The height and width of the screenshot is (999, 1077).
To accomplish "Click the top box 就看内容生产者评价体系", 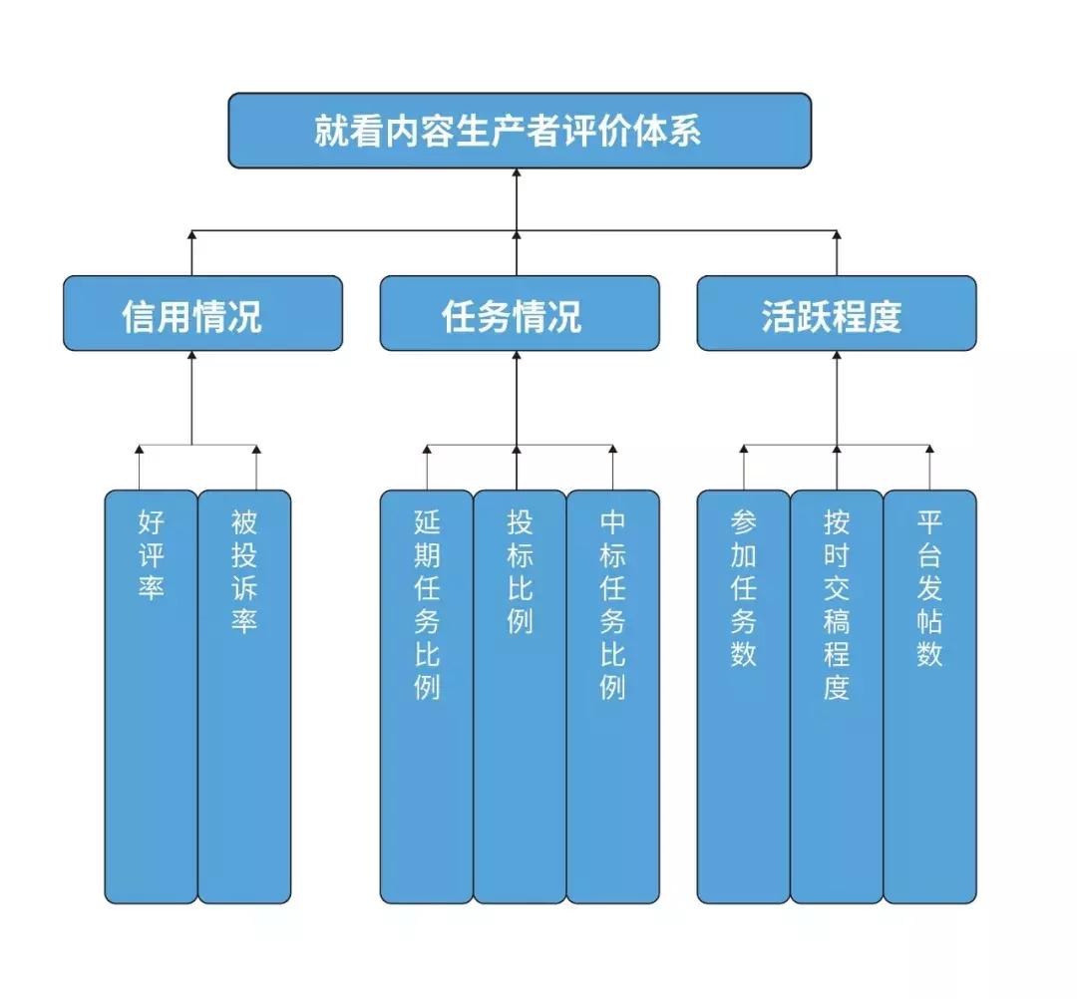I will (519, 131).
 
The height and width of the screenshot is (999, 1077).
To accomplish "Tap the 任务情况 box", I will (519, 314).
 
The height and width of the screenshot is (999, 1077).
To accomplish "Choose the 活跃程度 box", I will (836, 314).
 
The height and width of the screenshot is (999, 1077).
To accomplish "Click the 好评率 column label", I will (151, 554).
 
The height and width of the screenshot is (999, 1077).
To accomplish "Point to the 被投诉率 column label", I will (243, 570).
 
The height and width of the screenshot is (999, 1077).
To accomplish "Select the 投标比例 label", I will (520, 570).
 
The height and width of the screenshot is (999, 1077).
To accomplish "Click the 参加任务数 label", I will (743, 588).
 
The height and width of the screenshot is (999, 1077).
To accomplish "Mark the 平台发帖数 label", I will (929, 588).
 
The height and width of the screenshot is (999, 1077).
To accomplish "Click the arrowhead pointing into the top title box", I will (518, 173).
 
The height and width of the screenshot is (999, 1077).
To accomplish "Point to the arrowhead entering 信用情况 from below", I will (191, 356).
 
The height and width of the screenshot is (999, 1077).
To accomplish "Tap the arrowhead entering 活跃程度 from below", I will (836, 356).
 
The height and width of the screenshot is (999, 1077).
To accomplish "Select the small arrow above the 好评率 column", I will (140, 451).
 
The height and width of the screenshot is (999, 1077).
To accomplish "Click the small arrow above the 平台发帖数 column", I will (929, 451).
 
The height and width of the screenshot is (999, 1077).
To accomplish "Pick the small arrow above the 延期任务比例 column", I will (426, 451).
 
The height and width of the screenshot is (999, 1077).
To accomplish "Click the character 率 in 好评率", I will (151, 588).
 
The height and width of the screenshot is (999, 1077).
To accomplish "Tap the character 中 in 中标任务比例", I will (612, 521).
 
